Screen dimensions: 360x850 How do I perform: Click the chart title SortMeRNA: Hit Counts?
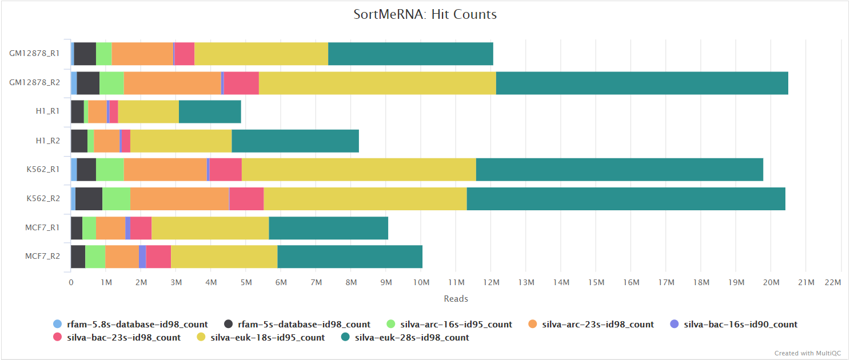click(x=425, y=15)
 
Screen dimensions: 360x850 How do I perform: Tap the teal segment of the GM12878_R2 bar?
click(x=642, y=83)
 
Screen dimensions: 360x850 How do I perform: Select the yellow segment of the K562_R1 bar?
click(x=358, y=170)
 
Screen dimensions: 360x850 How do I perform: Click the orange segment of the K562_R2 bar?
click(x=179, y=198)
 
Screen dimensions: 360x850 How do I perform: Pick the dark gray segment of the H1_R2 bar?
click(x=79, y=141)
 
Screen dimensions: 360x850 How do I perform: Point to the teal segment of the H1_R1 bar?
click(x=210, y=111)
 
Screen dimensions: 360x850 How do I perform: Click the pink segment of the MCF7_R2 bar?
click(x=158, y=257)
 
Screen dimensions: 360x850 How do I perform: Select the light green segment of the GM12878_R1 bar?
click(x=103, y=54)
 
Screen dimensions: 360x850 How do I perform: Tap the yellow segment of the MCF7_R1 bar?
click(x=210, y=228)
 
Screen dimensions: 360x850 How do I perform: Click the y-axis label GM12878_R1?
click(x=34, y=54)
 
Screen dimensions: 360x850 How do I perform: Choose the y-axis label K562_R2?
click(x=43, y=198)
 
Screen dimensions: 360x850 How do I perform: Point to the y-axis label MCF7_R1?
click(x=43, y=227)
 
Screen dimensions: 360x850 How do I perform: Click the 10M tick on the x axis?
click(x=421, y=282)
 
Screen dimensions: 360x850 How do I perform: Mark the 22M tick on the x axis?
click(x=833, y=282)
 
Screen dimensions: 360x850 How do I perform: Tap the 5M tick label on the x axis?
click(x=246, y=282)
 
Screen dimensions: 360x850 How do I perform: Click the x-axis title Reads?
click(x=456, y=298)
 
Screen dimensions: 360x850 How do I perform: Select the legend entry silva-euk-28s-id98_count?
click(x=412, y=337)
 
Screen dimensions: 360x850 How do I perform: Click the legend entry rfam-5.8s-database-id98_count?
click(x=137, y=324)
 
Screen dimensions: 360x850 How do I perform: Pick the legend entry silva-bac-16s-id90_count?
click(x=740, y=324)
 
